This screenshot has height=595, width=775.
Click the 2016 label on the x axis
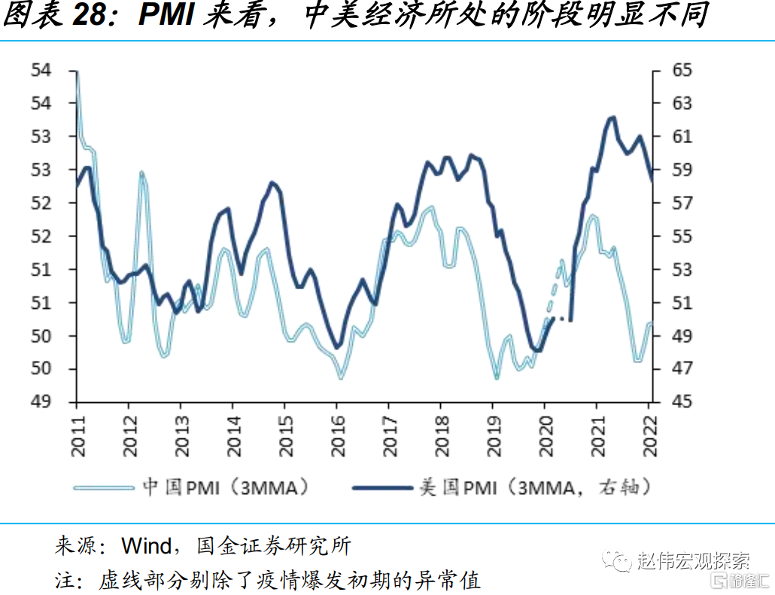[337, 436]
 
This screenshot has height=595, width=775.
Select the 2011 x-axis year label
[77, 436]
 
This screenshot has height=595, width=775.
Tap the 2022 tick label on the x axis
[650, 436]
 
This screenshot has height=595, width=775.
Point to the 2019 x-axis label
[494, 436]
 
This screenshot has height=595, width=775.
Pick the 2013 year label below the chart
[181, 436]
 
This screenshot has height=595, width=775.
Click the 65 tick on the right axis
[671, 71]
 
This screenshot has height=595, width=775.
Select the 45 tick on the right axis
[671, 402]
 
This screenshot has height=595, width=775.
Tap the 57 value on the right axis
[671, 203]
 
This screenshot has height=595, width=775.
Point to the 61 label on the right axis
[671, 137]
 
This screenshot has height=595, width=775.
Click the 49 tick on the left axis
[41, 402]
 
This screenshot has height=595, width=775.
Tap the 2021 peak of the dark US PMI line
[612, 117]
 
